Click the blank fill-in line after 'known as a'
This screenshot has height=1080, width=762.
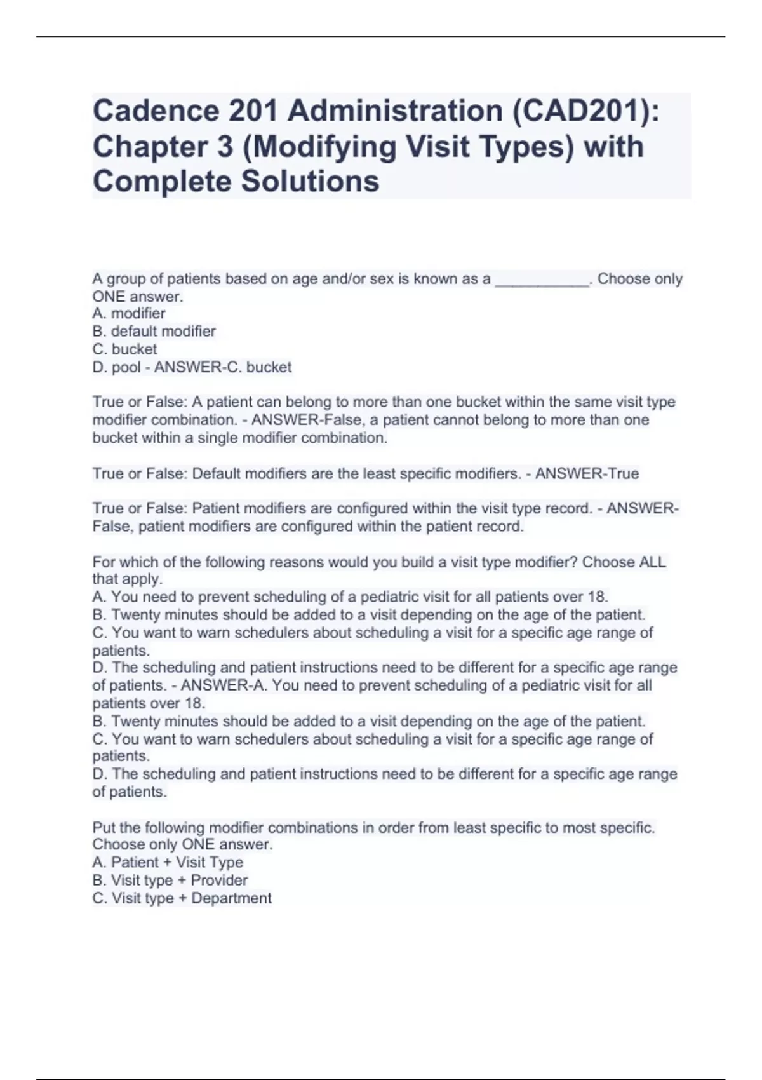tap(542, 280)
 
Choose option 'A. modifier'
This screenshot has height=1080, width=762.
tap(129, 314)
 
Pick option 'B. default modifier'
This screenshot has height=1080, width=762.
tap(154, 332)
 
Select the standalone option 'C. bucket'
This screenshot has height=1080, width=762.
tap(125, 349)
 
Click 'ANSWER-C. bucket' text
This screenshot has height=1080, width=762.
tap(223, 367)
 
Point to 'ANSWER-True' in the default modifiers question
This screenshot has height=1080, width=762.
tap(587, 474)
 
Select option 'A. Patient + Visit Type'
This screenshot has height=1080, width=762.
tap(168, 863)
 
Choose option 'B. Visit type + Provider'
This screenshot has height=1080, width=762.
tap(170, 881)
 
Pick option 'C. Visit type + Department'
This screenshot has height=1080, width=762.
tap(182, 898)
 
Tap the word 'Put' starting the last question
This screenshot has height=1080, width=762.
tap(104, 828)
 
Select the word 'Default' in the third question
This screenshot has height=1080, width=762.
tap(216, 474)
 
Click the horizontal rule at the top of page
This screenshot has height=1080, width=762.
tap(381, 37)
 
